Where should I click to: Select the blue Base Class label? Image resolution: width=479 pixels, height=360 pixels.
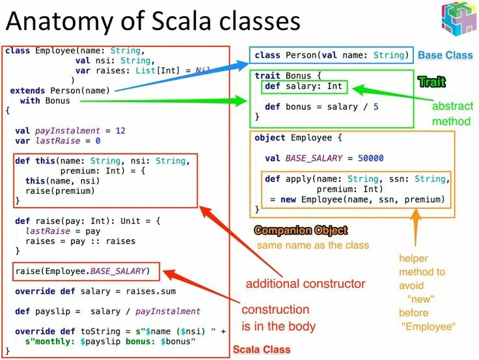coord(445,55)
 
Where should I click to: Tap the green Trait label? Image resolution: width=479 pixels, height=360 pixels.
coord(431,81)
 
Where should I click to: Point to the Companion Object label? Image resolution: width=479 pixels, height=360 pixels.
coord(301,230)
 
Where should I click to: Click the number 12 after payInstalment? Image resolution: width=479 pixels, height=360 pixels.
coord(120,130)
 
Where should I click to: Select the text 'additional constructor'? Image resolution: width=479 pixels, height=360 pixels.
coord(305,284)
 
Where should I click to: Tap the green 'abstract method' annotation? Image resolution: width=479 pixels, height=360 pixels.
coord(454,113)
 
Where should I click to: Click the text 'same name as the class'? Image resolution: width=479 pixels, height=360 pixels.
coord(313,245)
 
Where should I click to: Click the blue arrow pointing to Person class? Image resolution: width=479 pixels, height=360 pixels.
coord(182,77)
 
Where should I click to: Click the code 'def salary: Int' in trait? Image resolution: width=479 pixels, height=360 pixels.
coord(304,86)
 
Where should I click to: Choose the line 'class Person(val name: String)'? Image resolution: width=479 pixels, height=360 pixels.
coord(331,55)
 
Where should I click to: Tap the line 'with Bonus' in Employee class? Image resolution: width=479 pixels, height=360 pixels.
coord(45,101)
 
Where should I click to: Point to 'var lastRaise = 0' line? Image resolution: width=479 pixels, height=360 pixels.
coord(57,141)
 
